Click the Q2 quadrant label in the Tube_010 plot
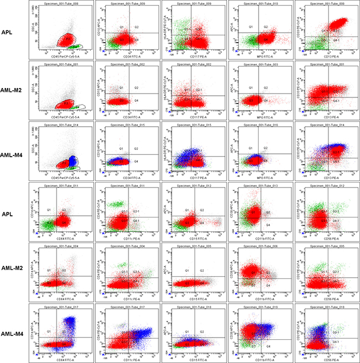265,27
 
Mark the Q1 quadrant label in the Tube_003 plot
250,87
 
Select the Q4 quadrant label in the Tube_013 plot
268,225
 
